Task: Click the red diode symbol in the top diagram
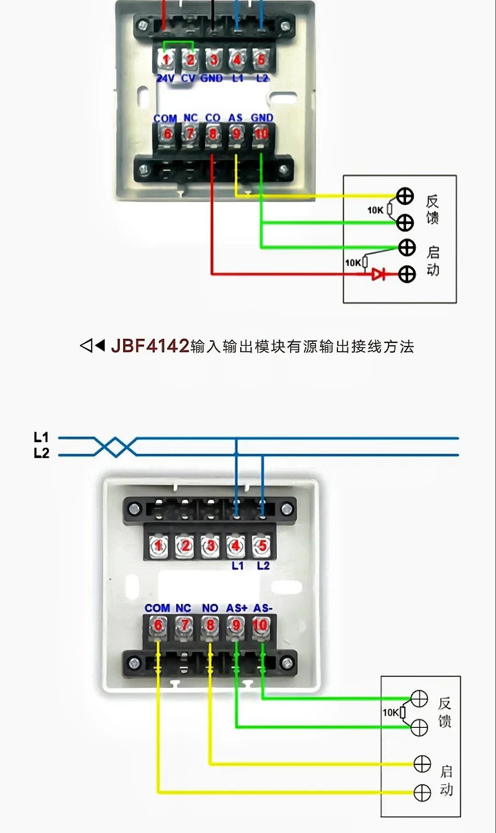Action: (378, 274)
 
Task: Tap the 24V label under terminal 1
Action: (165, 79)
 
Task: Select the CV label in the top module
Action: (188, 79)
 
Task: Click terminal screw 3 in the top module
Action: (214, 60)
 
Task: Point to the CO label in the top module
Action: (213, 118)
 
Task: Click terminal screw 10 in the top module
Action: (261, 134)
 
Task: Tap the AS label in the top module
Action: (236, 118)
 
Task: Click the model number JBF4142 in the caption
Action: (150, 346)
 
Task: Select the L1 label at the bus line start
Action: (41, 437)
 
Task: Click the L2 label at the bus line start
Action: (41, 453)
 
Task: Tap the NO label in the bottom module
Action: (210, 608)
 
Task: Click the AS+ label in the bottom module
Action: (237, 608)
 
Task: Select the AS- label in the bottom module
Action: (263, 608)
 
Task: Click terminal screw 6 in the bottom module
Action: (158, 625)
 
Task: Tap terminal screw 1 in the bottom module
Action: (158, 546)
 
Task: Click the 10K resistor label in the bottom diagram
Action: (391, 712)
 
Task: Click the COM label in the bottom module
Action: (157, 608)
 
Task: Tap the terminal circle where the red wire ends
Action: (406, 274)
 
